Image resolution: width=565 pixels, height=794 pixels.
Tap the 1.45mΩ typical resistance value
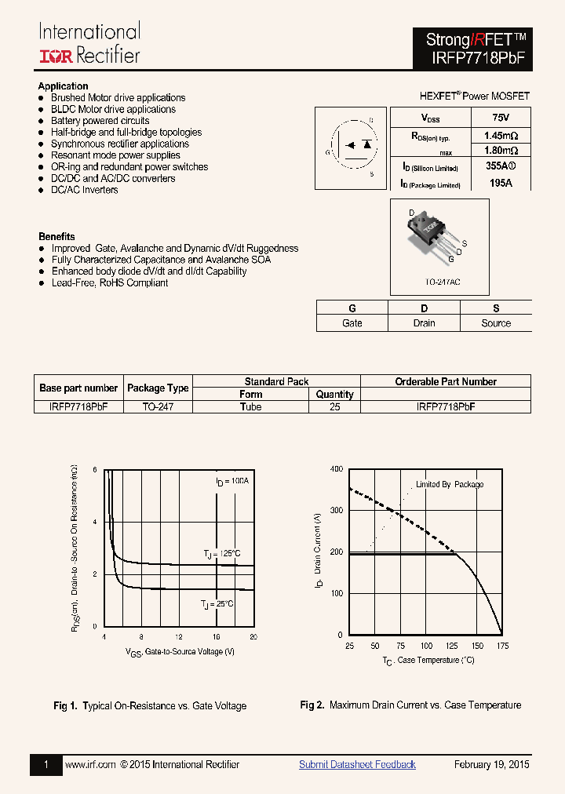pyautogui.click(x=501, y=135)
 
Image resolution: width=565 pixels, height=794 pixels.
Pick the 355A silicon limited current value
pyautogui.click(x=501, y=166)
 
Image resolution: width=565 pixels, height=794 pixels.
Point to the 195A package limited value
pyautogui.click(x=500, y=183)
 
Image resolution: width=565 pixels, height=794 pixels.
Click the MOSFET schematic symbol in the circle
pyautogui.click(x=352, y=145)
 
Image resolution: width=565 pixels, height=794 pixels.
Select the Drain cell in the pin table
pyautogui.click(x=424, y=323)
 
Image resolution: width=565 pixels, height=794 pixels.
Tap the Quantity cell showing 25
pyautogui.click(x=335, y=407)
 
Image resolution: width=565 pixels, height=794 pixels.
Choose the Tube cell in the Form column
pyautogui.click(x=251, y=407)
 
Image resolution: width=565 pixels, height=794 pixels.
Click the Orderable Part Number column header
pyautogui.click(x=446, y=381)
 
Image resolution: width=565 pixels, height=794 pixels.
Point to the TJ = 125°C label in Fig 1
pyautogui.click(x=221, y=554)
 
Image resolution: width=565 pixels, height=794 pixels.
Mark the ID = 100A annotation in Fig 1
pyautogui.click(x=231, y=480)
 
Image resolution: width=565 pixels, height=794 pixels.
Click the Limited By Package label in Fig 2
pyautogui.click(x=450, y=484)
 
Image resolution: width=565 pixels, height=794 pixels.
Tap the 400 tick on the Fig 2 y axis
pyautogui.click(x=336, y=469)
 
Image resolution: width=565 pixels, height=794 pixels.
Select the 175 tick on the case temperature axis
pyautogui.click(x=502, y=646)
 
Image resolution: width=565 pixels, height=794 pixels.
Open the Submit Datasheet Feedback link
pyautogui.click(x=357, y=764)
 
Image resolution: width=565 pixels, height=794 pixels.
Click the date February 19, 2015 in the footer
pyautogui.click(x=492, y=764)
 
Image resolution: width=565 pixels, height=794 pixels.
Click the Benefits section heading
pyautogui.click(x=56, y=236)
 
